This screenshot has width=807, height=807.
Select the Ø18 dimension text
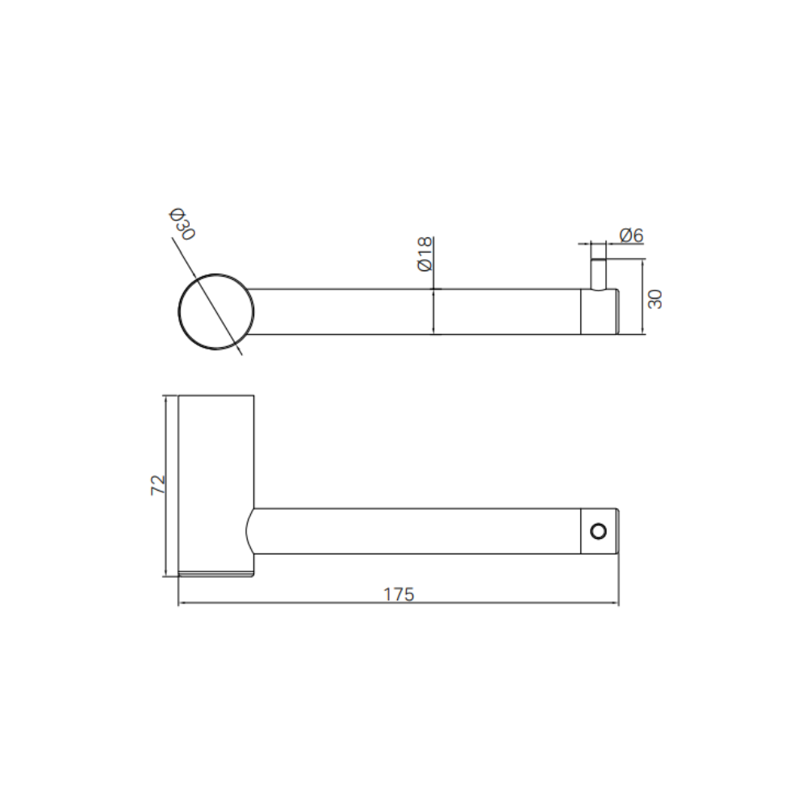coord(425,253)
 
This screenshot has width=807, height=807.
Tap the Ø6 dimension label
coord(632,235)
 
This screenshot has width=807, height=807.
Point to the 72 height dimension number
coord(158,485)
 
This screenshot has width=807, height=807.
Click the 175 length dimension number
coord(399,595)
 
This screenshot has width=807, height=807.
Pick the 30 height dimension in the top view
coord(655,299)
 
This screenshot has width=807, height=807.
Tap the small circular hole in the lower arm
coord(599,531)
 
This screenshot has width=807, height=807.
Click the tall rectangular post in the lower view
coord(216,483)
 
